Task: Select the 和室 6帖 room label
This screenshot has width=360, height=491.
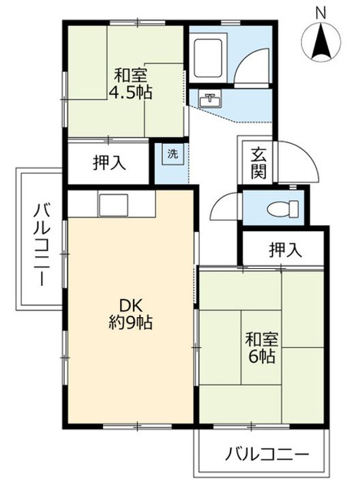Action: [262, 347]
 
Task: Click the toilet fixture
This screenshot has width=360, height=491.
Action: [281, 208]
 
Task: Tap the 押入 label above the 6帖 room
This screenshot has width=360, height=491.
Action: [284, 250]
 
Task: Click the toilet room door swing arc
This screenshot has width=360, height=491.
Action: [223, 206]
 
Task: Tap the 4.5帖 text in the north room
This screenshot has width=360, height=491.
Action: [132, 91]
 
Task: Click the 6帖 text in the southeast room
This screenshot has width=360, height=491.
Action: [262, 356]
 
